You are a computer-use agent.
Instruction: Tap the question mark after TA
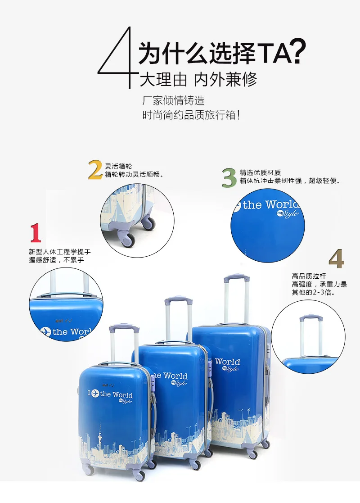coord(298,51)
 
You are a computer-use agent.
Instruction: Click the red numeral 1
coord(36,233)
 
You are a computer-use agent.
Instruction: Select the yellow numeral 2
coord(95,170)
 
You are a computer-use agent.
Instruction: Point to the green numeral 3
coord(229,177)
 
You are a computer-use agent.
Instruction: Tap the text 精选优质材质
coord(260,172)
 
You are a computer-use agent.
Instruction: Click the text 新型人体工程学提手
coord(60,252)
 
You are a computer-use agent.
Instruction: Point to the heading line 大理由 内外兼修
coord(198,79)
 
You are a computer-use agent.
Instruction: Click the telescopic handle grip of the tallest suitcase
coord(237,278)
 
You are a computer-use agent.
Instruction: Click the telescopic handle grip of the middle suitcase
coord(179,300)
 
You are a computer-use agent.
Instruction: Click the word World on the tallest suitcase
coord(227,362)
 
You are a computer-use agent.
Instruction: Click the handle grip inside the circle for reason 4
coord(309,318)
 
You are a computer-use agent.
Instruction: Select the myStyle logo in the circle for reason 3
coord(288,213)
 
